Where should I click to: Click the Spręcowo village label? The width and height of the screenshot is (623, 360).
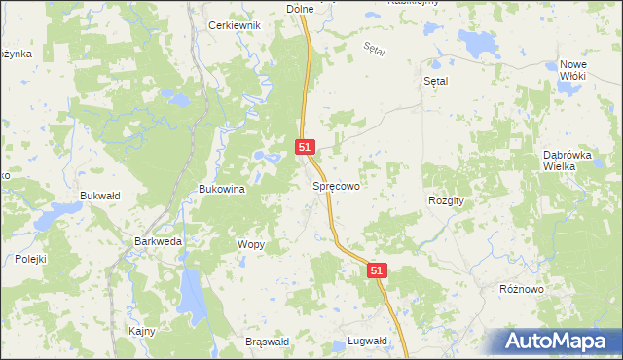pyautogui.click(x=337, y=185)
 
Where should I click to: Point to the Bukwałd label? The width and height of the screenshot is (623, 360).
pyautogui.click(x=99, y=196)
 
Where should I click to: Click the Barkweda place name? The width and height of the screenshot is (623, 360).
pyautogui.click(x=158, y=241)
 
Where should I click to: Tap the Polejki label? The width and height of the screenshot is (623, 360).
pyautogui.click(x=31, y=259)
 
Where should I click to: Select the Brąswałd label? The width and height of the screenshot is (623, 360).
pyautogui.click(x=268, y=342)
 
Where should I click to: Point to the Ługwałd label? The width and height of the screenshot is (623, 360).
pyautogui.click(x=367, y=342)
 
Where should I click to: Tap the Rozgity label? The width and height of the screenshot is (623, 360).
pyautogui.click(x=447, y=199)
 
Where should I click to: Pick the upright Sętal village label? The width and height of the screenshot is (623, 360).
pyautogui.click(x=435, y=82)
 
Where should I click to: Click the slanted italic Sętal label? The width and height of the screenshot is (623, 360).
pyautogui.click(x=374, y=49)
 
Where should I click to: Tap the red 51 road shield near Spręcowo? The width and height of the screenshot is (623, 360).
pyautogui.click(x=305, y=147)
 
